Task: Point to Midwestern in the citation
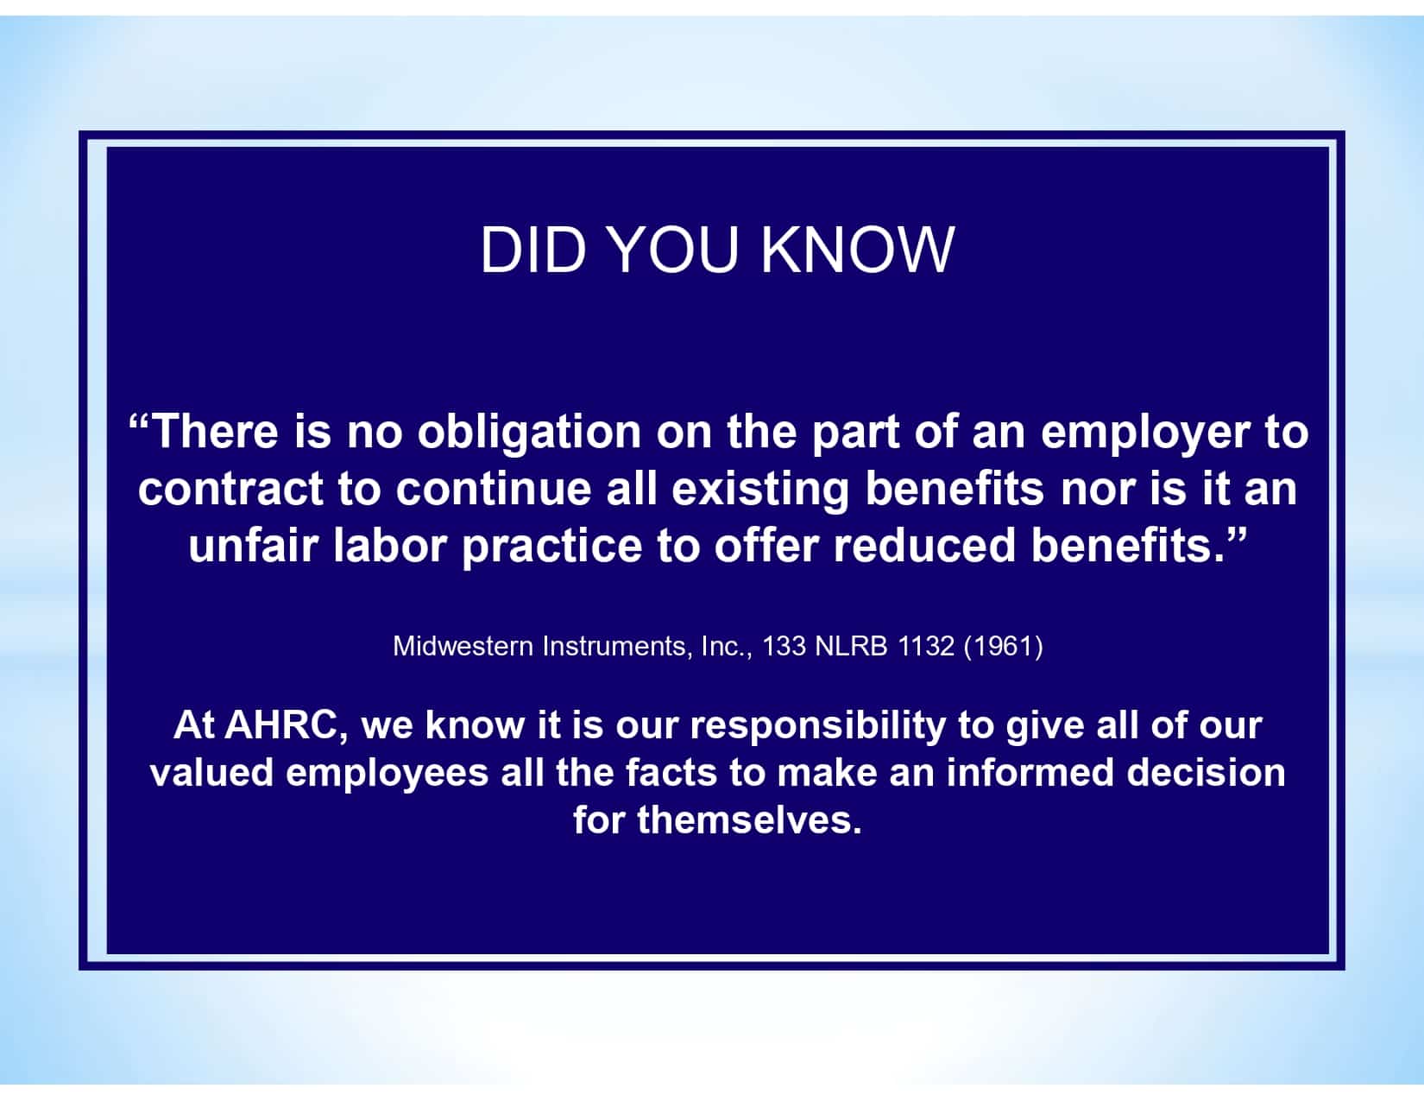463,646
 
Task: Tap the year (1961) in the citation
1003,646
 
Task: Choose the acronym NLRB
851,646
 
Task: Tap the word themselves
749,819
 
